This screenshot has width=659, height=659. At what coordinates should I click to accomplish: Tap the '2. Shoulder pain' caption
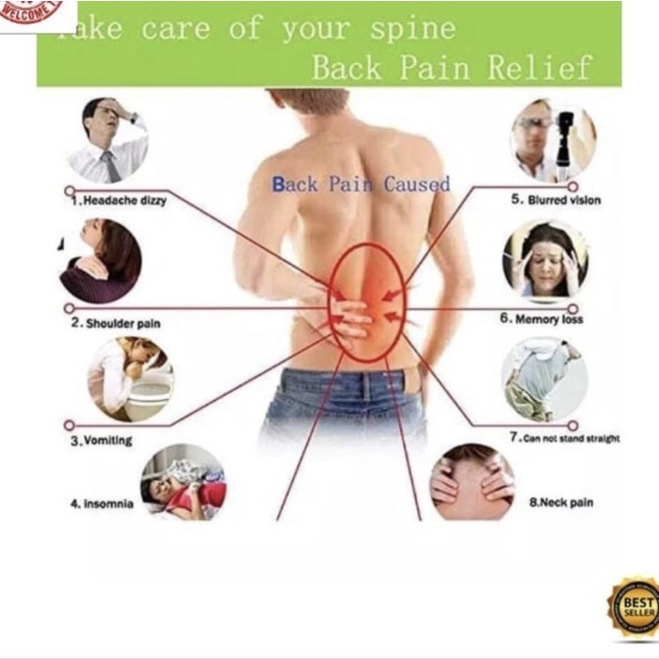tap(117, 323)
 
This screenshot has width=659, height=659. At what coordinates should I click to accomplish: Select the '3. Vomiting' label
tap(102, 441)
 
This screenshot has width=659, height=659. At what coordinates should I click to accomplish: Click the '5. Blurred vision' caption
tap(555, 201)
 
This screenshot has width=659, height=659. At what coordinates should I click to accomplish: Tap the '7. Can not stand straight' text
tap(564, 438)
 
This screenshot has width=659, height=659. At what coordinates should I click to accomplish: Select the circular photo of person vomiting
tap(130, 378)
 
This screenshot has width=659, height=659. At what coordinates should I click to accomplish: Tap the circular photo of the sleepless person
tap(184, 483)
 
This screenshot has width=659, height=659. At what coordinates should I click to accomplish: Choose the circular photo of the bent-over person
tap(543, 378)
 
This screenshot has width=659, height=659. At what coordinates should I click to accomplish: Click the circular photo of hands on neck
tap(473, 482)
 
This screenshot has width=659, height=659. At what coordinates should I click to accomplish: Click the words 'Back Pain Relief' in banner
tap(452, 68)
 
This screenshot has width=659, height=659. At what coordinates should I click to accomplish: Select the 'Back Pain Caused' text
tap(361, 184)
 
